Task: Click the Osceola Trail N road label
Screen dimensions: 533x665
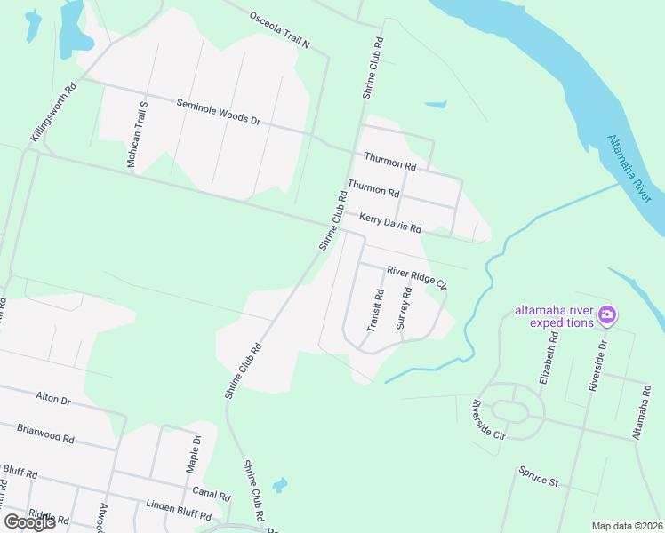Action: [x=279, y=30]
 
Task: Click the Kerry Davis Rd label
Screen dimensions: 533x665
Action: [x=389, y=222]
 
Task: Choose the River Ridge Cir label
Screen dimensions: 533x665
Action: [x=415, y=278]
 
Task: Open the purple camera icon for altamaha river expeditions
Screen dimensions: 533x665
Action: [x=608, y=314]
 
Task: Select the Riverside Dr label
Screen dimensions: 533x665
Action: [x=597, y=365]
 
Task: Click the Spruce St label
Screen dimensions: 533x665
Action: [x=539, y=481]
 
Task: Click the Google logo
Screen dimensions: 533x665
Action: [x=29, y=522]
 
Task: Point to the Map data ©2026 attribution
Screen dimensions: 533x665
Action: [x=628, y=526]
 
